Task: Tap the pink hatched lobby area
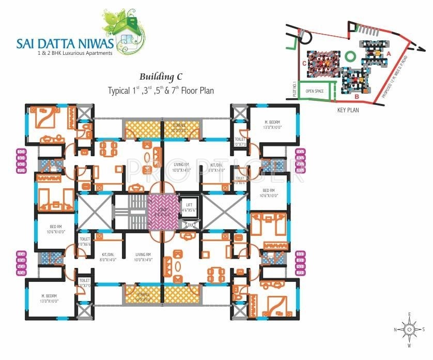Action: [162, 211]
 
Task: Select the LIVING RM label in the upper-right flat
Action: [182, 166]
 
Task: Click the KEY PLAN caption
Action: [348, 110]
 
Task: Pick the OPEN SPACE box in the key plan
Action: [315, 91]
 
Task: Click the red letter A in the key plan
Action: [389, 53]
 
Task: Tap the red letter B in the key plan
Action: [357, 96]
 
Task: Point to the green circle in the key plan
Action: [351, 55]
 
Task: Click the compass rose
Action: [409, 329]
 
